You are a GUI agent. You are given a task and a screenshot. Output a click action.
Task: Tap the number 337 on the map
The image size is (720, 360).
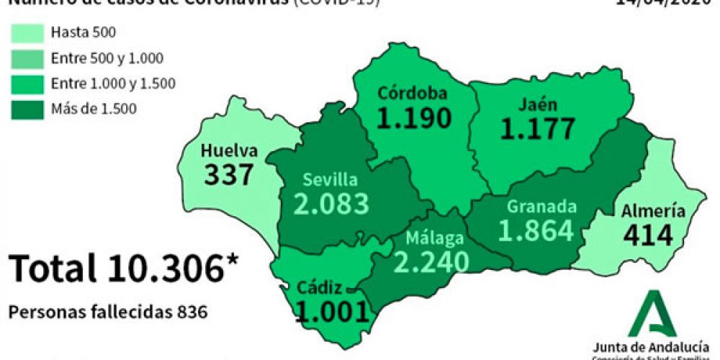pyautogui.click(x=229, y=174)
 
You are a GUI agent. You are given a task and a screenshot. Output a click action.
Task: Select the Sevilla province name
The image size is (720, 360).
pyautogui.click(x=329, y=179)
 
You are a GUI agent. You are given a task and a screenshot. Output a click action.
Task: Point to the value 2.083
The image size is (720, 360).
pyautogui.click(x=331, y=204)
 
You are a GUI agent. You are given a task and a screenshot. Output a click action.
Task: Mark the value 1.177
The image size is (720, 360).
pyautogui.click(x=539, y=128)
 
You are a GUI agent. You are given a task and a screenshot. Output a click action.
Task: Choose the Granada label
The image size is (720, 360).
pyautogui.click(x=541, y=207)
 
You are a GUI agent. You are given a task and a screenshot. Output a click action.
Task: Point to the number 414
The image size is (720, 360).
pyautogui.click(x=648, y=235)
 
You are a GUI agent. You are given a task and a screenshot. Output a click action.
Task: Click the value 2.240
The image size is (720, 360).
pyautogui.click(x=427, y=263)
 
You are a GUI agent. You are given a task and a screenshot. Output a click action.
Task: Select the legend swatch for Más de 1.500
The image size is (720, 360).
pyautogui.click(x=27, y=109)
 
